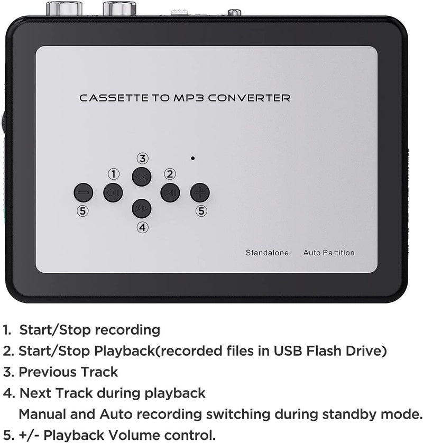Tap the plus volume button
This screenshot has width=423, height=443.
[200, 192]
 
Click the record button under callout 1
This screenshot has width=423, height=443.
[113, 192]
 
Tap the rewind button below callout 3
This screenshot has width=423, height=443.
[142, 177]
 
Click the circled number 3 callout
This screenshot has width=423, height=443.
[142, 159]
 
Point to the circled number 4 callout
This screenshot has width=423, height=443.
[142, 227]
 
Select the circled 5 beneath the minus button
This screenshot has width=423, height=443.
[82, 211]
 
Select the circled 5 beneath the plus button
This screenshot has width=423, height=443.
[201, 211]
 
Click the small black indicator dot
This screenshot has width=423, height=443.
[192, 158]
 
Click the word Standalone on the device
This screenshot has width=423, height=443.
[267, 253]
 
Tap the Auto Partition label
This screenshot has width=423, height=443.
[329, 253]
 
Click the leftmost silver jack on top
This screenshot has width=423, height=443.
[65, 8]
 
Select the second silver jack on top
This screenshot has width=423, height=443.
[119, 8]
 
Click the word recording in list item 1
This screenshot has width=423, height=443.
[127, 330]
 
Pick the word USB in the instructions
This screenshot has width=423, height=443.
[288, 350]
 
